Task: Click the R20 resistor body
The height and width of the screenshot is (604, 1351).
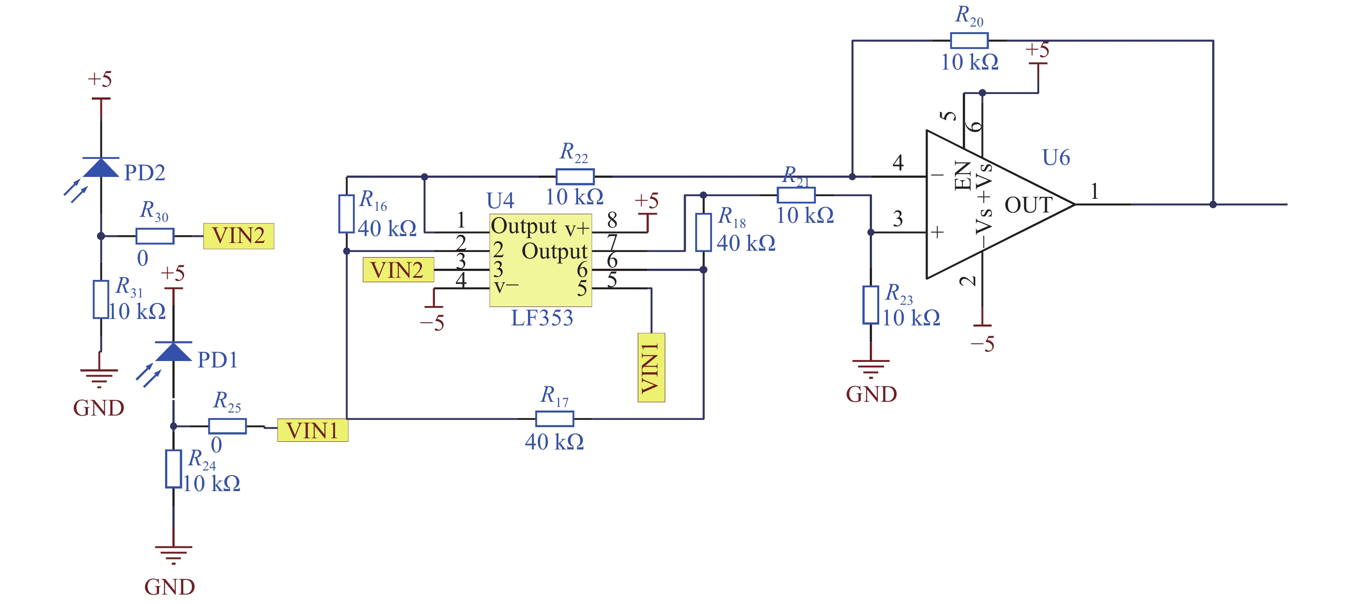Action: click(x=969, y=40)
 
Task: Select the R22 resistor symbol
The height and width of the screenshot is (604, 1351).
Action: click(x=575, y=176)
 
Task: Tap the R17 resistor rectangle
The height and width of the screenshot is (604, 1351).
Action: click(x=555, y=419)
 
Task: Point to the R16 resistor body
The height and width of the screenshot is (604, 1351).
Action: click(x=346, y=214)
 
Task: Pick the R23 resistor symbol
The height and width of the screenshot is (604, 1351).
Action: click(x=871, y=305)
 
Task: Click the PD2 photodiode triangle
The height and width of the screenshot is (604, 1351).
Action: click(x=101, y=167)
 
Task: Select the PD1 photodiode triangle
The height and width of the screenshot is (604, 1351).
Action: click(x=174, y=351)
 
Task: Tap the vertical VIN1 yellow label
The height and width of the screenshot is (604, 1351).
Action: click(x=651, y=367)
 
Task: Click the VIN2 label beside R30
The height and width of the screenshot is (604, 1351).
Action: click(x=238, y=236)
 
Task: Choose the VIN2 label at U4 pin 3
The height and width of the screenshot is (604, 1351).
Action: click(x=398, y=270)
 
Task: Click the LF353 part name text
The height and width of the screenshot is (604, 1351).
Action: click(x=542, y=318)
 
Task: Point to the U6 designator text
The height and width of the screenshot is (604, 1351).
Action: click(x=1056, y=158)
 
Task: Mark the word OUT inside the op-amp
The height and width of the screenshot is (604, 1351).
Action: click(x=1028, y=205)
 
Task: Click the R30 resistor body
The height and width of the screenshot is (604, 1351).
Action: click(x=155, y=236)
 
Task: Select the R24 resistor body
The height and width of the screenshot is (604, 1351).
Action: click(x=174, y=469)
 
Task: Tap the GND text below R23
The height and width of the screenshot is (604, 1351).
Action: click(x=871, y=394)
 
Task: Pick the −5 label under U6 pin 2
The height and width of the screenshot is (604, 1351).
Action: click(x=982, y=344)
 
